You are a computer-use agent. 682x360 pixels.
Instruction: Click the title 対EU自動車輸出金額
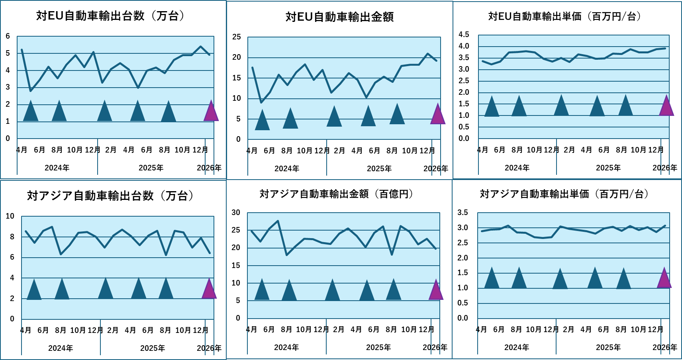pos(339,17)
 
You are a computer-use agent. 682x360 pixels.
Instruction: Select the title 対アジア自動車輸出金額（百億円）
pos(336,194)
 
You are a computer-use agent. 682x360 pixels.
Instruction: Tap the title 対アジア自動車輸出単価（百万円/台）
pos(564,194)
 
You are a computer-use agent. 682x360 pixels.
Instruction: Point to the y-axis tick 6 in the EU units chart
pos(8,36)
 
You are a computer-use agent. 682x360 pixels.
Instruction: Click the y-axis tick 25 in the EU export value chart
pos(237,37)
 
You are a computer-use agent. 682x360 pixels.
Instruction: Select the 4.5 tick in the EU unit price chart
pos(464,35)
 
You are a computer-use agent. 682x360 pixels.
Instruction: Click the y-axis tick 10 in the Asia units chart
pos(10,216)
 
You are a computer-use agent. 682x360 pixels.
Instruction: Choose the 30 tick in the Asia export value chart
pos(236,213)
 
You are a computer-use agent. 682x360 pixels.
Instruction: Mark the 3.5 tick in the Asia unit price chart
pos(463,213)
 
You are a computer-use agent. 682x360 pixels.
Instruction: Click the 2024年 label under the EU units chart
pos(57,168)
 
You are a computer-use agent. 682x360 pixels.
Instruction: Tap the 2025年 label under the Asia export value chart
pos(378,347)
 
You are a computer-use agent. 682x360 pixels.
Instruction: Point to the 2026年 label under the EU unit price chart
pos(664,168)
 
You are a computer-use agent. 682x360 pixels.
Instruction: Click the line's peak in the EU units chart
pos(200,47)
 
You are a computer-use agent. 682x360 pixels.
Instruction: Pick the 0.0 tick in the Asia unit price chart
pos(463,318)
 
